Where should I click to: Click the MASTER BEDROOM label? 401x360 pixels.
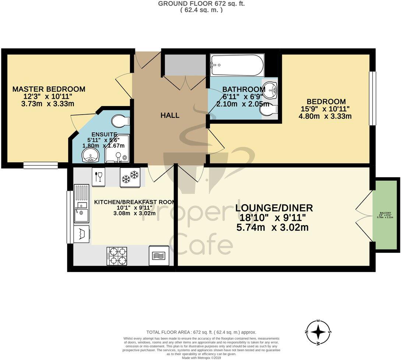pyautogui.click(x=49, y=89)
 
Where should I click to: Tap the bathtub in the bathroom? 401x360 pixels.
pyautogui.click(x=237, y=65)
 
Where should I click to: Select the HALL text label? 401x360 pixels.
pyautogui.click(x=170, y=115)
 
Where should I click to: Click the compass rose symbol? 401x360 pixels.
pyautogui.click(x=318, y=332)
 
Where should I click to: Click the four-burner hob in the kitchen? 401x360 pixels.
pyautogui.click(x=117, y=256)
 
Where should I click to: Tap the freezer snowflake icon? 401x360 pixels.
pyautogui.click(x=130, y=177)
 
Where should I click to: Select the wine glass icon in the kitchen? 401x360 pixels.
pyautogui.click(x=99, y=176)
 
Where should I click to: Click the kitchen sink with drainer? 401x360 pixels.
pyautogui.click(x=81, y=203)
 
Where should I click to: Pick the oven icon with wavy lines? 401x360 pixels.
pyautogui.click(x=159, y=256)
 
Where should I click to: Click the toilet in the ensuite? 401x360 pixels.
pyautogui.click(x=120, y=120)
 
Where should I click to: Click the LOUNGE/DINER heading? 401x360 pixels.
pyautogui.click(x=274, y=208)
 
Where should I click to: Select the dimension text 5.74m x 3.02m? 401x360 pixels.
pyautogui.click(x=272, y=227)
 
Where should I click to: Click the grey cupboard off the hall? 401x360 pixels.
pyautogui.click(x=185, y=65)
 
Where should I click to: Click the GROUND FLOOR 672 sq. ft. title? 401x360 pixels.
pyautogui.click(x=201, y=4)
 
